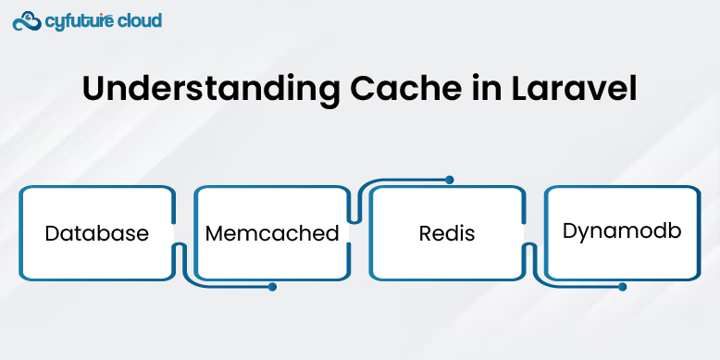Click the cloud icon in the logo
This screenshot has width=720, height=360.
(27, 20)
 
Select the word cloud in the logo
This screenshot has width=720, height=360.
(139, 20)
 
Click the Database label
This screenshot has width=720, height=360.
(96, 233)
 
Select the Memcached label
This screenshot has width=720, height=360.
(272, 233)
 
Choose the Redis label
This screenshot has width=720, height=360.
(447, 233)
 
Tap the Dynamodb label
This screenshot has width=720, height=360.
(622, 230)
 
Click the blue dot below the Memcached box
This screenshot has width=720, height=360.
(272, 287)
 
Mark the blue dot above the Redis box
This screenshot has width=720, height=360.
(449, 180)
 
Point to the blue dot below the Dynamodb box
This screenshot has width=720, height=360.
(622, 287)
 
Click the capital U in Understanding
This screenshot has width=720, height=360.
(93, 89)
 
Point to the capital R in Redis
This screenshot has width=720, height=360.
(425, 233)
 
